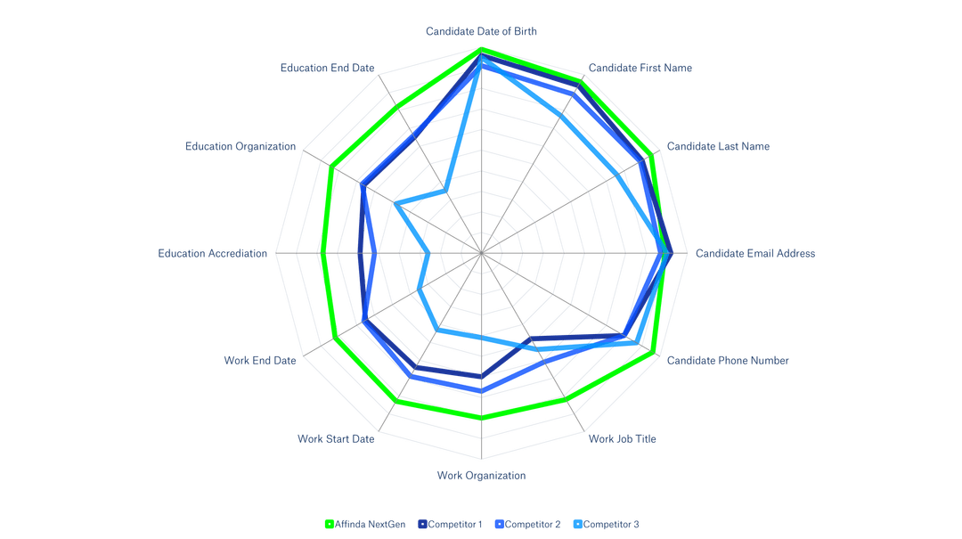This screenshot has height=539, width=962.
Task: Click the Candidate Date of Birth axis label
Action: click(x=481, y=31)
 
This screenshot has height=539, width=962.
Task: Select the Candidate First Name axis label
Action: click(x=640, y=68)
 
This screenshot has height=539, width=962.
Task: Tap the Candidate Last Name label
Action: click(x=718, y=146)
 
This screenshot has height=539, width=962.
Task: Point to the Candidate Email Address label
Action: click(x=754, y=254)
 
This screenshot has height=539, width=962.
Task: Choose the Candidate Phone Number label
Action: click(x=727, y=361)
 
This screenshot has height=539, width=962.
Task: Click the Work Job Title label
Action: click(x=623, y=438)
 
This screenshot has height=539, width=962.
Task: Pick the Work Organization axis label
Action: click(x=481, y=476)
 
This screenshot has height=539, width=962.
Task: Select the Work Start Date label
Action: click(x=336, y=438)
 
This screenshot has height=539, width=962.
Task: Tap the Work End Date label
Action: click(x=259, y=361)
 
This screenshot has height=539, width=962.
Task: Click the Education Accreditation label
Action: click(x=212, y=254)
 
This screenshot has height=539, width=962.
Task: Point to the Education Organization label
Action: click(x=240, y=146)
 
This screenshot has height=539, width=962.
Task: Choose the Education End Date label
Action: click(x=327, y=68)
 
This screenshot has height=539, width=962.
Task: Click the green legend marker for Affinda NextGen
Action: click(x=328, y=525)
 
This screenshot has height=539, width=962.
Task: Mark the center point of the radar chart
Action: click(x=481, y=254)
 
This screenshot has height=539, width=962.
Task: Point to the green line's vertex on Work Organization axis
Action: click(x=481, y=415)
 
